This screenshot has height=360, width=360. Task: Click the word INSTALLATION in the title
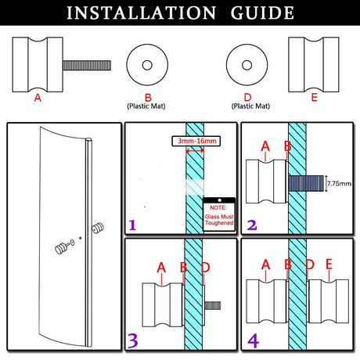coord(141,13)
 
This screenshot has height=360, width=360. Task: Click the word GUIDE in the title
coord(262,13)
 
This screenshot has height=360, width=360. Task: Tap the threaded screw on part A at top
coord(87,65)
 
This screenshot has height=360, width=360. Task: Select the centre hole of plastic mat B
coord(147,65)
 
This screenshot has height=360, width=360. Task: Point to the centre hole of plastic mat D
coord(247,65)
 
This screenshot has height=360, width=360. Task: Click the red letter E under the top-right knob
coord(314,98)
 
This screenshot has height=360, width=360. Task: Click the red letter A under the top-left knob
coord(38,98)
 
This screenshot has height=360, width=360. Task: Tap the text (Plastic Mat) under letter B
coord(146,106)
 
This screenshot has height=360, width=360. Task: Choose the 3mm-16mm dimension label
coord(196,141)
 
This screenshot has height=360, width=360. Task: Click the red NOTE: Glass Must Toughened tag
coord(219,215)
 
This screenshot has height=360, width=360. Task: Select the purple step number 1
coord(132,225)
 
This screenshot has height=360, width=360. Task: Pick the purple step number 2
coord(252,225)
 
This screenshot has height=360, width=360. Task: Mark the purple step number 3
coord(133,340)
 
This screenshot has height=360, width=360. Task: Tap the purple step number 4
coord(253,340)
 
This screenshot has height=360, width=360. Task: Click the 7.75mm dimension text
coord(339,183)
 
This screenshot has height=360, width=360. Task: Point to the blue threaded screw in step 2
coord(306,183)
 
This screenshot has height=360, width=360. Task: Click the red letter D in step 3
coord(206,268)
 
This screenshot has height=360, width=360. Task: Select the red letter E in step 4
coord(329,264)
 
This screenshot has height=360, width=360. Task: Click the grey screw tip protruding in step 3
coord(213,306)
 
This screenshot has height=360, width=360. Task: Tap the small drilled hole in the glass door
coord(81,238)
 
